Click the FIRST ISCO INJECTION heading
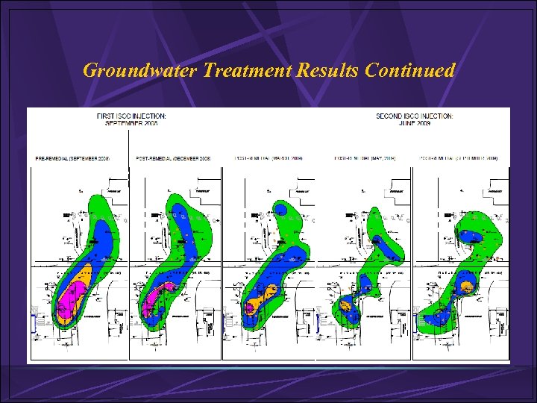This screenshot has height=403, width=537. (131, 116)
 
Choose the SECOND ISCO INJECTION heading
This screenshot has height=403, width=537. (414, 116)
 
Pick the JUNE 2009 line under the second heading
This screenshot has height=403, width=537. (414, 124)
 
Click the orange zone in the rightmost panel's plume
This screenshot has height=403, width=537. (467, 285)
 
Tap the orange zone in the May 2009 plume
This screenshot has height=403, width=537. (345, 304)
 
